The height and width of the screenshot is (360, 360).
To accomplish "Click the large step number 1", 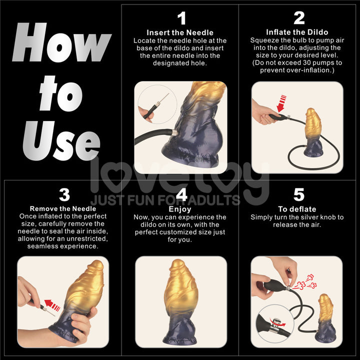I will tap(181, 18).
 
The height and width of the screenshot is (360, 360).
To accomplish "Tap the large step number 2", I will tap(299, 18).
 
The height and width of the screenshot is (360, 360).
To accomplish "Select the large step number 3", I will tap(64, 195).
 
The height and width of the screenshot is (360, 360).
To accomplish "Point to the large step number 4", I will tap(181, 195).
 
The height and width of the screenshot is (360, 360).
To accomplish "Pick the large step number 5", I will tap(298, 195).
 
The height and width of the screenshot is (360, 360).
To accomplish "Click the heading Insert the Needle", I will tap(179, 32).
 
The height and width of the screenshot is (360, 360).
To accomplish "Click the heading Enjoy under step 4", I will tap(180, 209).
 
